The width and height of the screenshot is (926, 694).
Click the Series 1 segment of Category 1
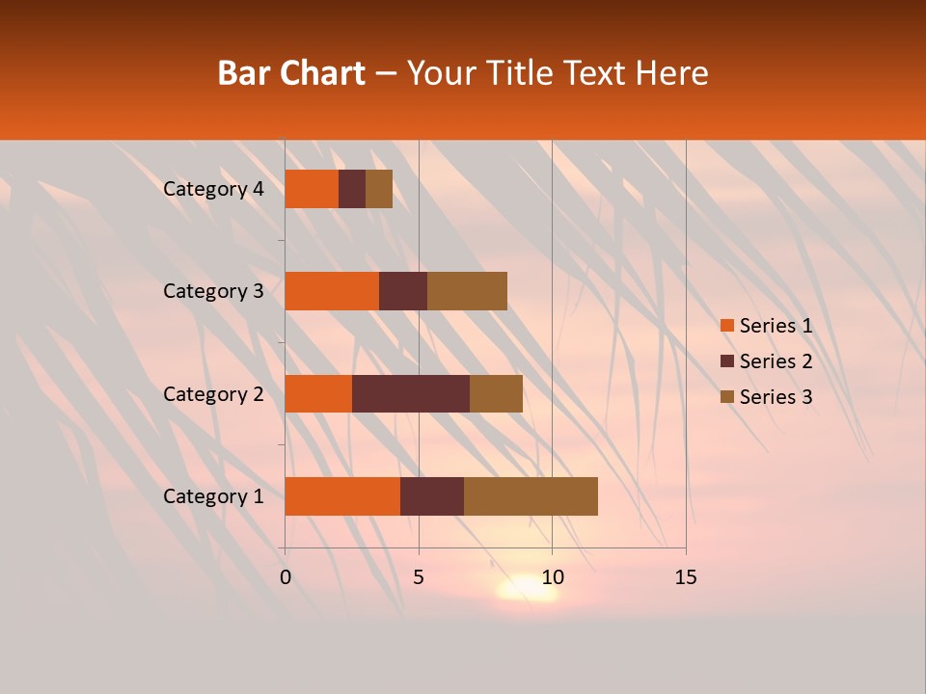pyautogui.click(x=342, y=496)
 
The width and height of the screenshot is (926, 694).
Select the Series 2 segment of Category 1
pyautogui.click(x=432, y=496)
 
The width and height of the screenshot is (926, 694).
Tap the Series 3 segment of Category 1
pyautogui.click(x=531, y=496)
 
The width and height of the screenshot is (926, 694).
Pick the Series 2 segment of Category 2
pyautogui.click(x=411, y=393)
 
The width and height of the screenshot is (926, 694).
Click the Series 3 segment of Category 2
pyautogui.click(x=496, y=393)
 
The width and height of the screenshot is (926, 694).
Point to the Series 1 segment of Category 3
pyautogui.click(x=332, y=291)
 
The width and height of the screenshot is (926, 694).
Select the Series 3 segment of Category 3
pyautogui.click(x=467, y=291)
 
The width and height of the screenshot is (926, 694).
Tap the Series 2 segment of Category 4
pyautogui.click(x=352, y=189)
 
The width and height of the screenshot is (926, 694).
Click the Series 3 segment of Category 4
pyautogui.click(x=379, y=189)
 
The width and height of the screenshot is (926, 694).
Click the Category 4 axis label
pyautogui.click(x=213, y=189)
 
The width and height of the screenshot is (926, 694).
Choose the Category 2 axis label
pyautogui.click(x=213, y=393)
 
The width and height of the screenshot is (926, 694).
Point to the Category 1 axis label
pyautogui.click(x=213, y=496)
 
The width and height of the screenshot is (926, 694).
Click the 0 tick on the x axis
pyautogui.click(x=286, y=577)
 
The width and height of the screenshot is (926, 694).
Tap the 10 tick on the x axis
pyautogui.click(x=552, y=577)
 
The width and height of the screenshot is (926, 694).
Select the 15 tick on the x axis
pyautogui.click(x=685, y=577)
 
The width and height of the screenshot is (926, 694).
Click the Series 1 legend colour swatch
pyautogui.click(x=727, y=326)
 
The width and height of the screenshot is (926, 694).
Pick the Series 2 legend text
pyautogui.click(x=776, y=361)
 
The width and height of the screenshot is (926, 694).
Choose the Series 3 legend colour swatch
pyautogui.click(x=727, y=397)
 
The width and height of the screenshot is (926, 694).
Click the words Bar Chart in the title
pyautogui.click(x=291, y=73)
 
